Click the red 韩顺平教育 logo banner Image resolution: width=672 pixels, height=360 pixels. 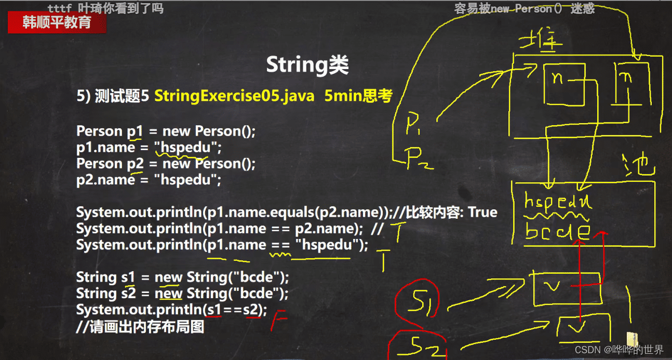point(57,22)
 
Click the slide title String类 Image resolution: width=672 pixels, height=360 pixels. point(307,65)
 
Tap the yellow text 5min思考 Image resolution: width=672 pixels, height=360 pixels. point(358,96)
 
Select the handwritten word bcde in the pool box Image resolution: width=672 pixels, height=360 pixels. point(558,231)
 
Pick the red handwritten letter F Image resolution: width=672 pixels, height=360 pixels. point(280,321)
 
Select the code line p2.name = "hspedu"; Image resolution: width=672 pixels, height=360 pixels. point(149,180)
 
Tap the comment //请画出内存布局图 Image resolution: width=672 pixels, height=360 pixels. point(140,327)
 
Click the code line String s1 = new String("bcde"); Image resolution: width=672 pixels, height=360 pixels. point(182,277)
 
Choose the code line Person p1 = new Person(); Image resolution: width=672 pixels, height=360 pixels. point(166,131)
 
